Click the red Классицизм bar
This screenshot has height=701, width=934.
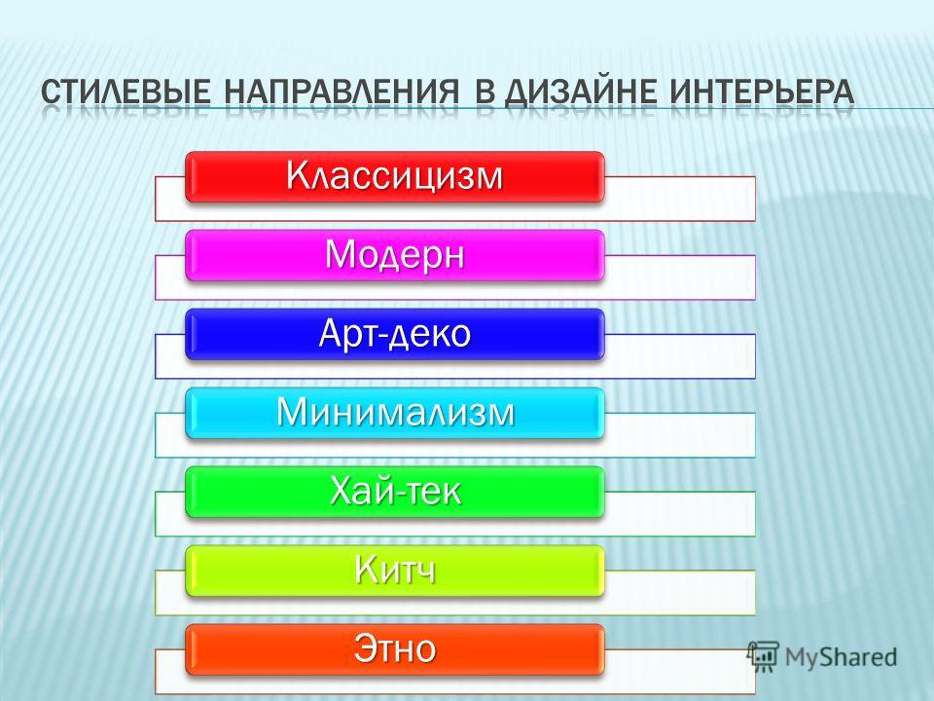(395, 176)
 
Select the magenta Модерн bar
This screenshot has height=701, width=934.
(395, 255)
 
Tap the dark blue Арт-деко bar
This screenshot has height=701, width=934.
(395, 334)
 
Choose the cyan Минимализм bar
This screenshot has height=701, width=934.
(395, 413)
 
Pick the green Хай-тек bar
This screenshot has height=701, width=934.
(395, 492)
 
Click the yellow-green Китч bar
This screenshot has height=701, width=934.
(395, 571)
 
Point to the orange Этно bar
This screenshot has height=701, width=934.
(395, 649)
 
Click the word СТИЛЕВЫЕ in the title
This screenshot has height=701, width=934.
(126, 92)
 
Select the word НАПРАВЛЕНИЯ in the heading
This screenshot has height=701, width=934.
(342, 92)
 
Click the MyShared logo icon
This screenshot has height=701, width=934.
(764, 656)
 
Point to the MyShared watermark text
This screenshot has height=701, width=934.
(841, 657)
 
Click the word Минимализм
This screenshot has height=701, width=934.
(395, 411)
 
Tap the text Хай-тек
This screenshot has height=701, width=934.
(395, 491)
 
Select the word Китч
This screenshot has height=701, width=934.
(395, 570)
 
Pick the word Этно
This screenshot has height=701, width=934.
(395, 648)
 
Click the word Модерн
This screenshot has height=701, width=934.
(395, 254)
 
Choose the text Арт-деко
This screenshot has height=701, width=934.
(395, 333)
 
